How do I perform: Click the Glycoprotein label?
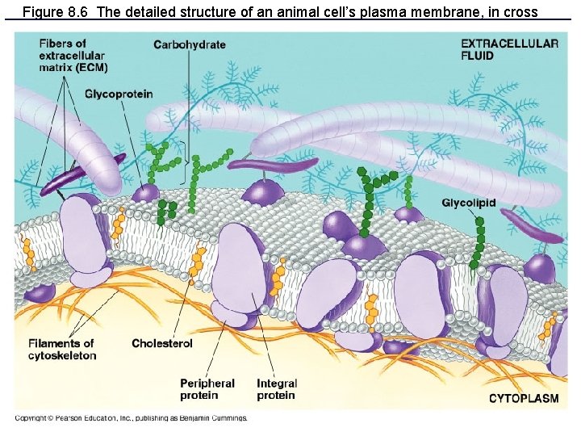tap(119, 95)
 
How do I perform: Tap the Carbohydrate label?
tap(190, 44)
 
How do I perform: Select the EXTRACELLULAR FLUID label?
tap(509, 49)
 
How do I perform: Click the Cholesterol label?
tap(162, 344)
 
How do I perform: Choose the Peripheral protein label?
tap(207, 389)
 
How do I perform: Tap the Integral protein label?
tap(277, 389)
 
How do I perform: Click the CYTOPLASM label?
tap(524, 399)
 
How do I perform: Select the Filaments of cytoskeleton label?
tap(61, 349)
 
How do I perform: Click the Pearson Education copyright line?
tap(131, 418)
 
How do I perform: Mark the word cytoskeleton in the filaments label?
tap(62, 355)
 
